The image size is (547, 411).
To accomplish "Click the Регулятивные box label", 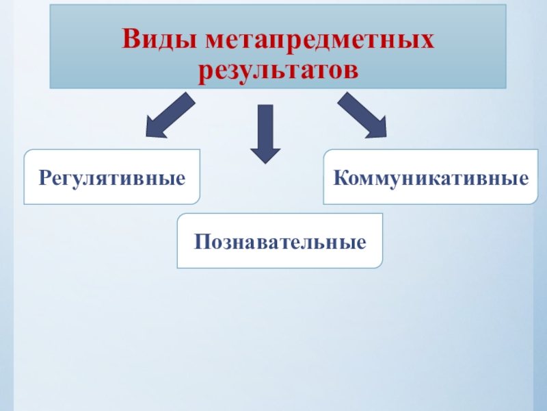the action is coord(112,179).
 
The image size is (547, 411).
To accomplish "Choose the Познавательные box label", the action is coord(280,242).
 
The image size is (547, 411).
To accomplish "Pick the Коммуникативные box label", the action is coord(431,179).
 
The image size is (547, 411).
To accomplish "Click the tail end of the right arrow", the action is coord(342,99).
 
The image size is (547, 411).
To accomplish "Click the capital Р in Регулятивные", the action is coord(44,179).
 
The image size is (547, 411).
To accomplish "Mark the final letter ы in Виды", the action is coord(186,40).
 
